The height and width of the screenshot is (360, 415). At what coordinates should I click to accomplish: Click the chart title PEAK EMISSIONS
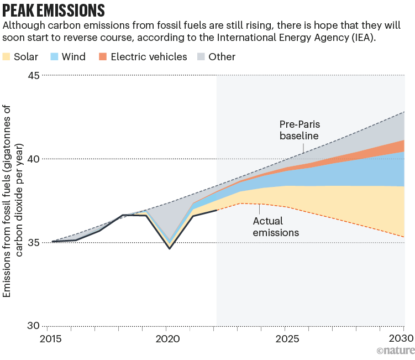point(54,10)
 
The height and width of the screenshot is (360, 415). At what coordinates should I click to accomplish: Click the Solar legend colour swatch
point(7,57)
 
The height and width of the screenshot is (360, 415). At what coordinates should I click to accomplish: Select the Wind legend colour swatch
point(55,57)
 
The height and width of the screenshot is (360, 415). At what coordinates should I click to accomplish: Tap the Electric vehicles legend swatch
point(102,57)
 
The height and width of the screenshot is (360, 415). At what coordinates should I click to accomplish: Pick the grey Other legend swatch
point(201,57)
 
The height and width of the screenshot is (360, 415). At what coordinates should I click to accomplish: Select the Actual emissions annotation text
point(276,227)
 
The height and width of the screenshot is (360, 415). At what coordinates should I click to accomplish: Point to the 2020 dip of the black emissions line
point(170,248)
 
